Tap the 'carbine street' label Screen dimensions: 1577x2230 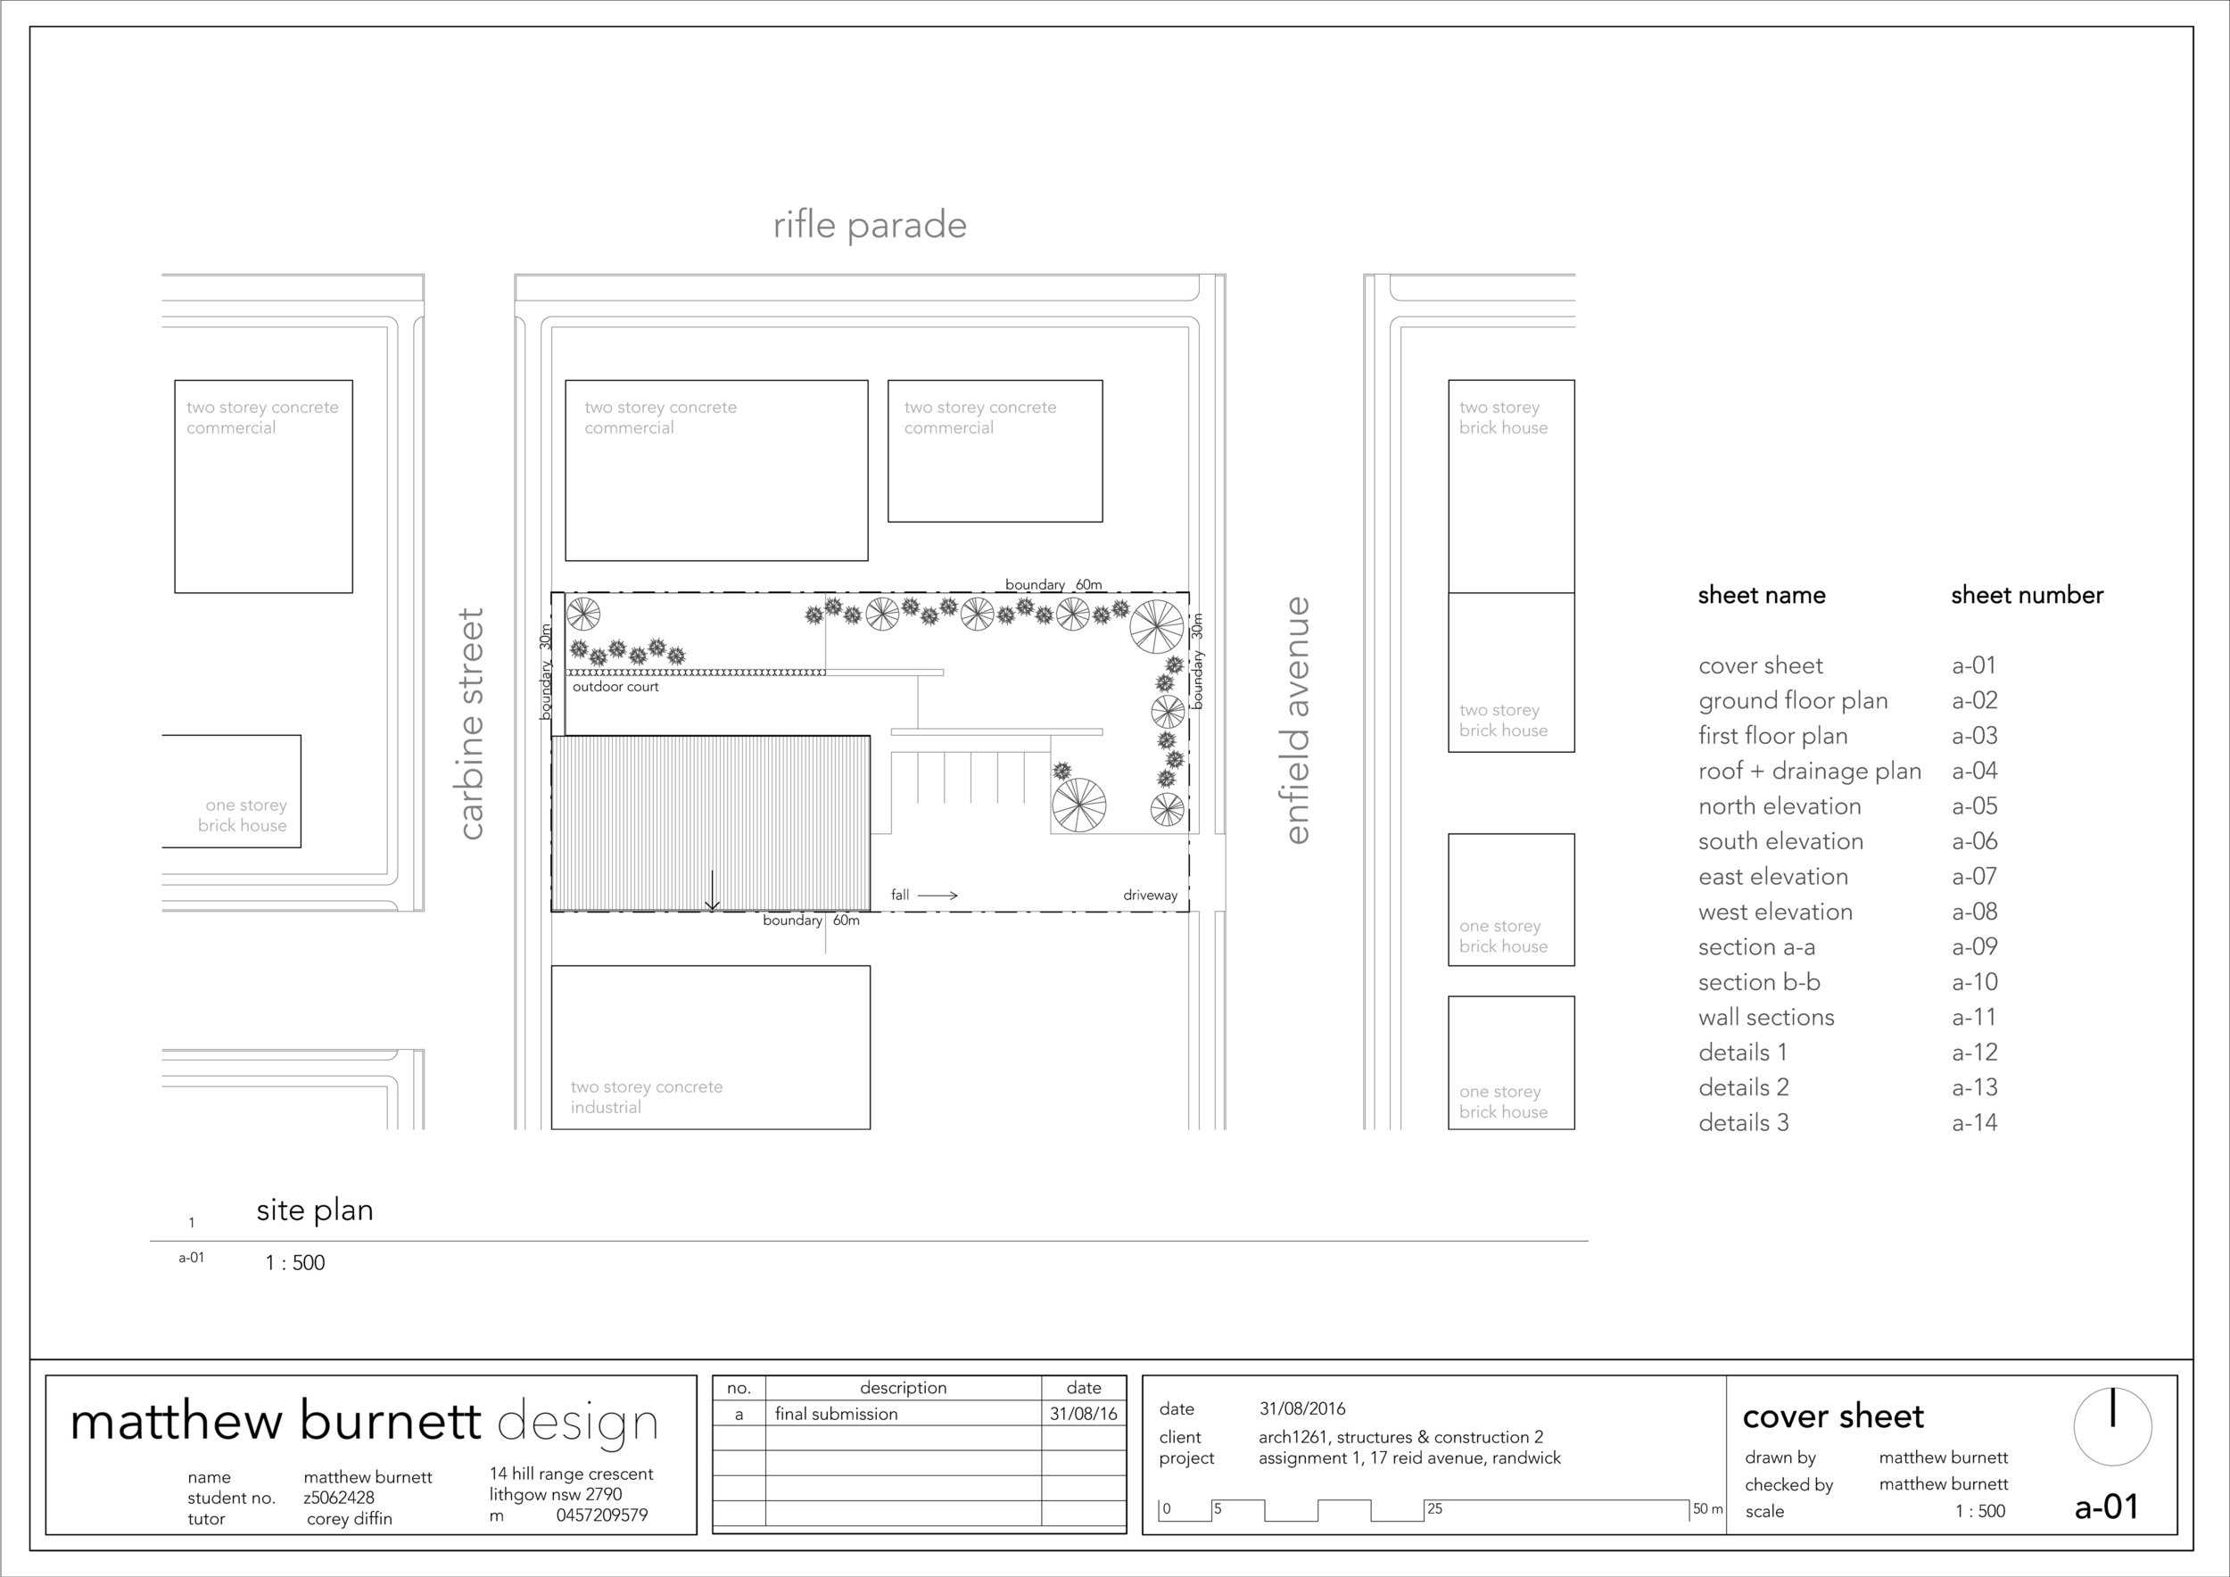[x=470, y=723]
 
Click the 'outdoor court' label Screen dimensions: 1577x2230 [x=615, y=687]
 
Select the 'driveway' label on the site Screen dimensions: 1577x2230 [x=1150, y=896]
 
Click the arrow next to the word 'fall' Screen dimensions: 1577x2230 [x=937, y=896]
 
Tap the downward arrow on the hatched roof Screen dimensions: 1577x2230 [x=712, y=891]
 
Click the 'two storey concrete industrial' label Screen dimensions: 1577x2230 [x=646, y=1096]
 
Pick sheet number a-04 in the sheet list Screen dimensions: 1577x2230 [x=1974, y=771]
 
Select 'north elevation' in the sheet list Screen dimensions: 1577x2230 [x=1780, y=806]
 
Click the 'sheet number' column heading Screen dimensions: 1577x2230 [x=2026, y=595]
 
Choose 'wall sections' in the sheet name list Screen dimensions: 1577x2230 [x=1766, y=1017]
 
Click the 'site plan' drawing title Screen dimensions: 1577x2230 [x=315, y=1210]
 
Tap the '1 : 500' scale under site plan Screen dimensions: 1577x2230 [x=294, y=1262]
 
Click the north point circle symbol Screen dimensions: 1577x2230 [x=2111, y=1426]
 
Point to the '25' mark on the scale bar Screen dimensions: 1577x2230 [x=1434, y=1508]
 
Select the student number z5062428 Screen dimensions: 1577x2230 [x=338, y=1498]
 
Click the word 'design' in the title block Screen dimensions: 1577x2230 [x=577, y=1423]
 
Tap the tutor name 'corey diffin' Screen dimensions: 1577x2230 [x=349, y=1519]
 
